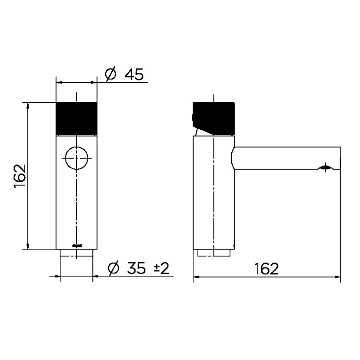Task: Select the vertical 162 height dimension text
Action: (20, 176)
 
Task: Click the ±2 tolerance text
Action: (161, 268)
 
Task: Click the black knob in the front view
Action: (77, 118)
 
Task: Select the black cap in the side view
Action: (214, 117)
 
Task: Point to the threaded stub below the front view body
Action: (77, 253)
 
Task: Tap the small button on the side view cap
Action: (192, 117)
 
